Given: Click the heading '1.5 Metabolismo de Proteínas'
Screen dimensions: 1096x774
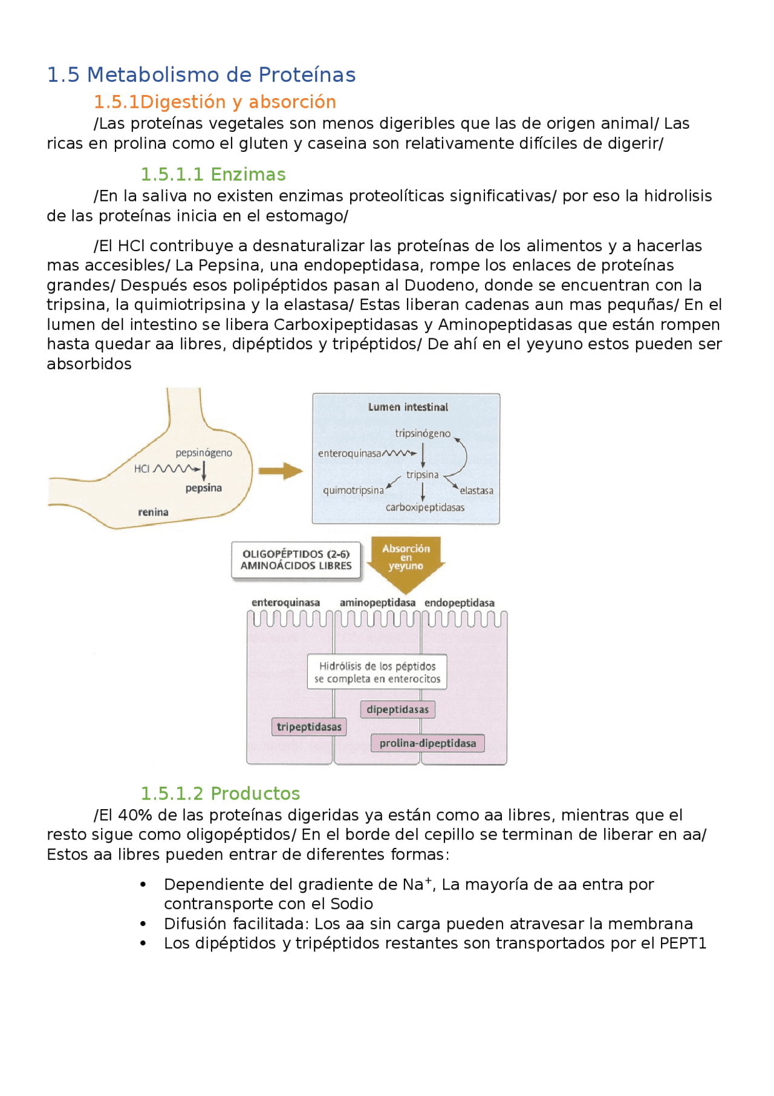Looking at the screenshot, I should pyautogui.click(x=201, y=75).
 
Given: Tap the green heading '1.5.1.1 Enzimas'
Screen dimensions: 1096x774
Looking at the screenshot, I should pyautogui.click(x=213, y=175).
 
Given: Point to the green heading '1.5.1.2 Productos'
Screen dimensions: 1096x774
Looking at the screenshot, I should pyautogui.click(x=220, y=793).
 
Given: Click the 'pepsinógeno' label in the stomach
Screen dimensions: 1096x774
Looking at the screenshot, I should pyautogui.click(x=204, y=453).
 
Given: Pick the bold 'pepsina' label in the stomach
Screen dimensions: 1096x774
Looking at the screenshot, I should pyautogui.click(x=204, y=488).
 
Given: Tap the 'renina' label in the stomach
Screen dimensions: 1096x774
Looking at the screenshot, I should pyautogui.click(x=153, y=512).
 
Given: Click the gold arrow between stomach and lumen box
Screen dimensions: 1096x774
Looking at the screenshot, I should pyautogui.click(x=280, y=471).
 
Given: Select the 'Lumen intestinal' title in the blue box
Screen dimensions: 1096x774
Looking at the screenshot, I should pyautogui.click(x=408, y=407).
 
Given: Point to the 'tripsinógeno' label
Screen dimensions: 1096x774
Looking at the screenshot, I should pyautogui.click(x=423, y=433).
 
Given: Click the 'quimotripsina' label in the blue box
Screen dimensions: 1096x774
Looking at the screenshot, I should pyautogui.click(x=353, y=490).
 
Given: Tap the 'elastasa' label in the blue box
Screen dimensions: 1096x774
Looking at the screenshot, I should pyautogui.click(x=476, y=491).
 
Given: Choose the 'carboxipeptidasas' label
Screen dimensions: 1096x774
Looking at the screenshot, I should pyautogui.click(x=425, y=507).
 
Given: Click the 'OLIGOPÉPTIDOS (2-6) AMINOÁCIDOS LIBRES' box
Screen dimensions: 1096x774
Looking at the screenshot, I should pyautogui.click(x=296, y=560).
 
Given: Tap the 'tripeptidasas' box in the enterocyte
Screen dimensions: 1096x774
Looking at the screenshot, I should pyautogui.click(x=309, y=727).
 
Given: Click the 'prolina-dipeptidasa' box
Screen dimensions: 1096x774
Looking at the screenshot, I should pyautogui.click(x=428, y=743).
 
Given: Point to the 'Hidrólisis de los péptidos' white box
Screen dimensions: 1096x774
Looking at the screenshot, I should pyautogui.click(x=377, y=672).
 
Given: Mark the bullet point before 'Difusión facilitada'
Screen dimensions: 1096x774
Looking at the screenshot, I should pyautogui.click(x=143, y=924).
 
